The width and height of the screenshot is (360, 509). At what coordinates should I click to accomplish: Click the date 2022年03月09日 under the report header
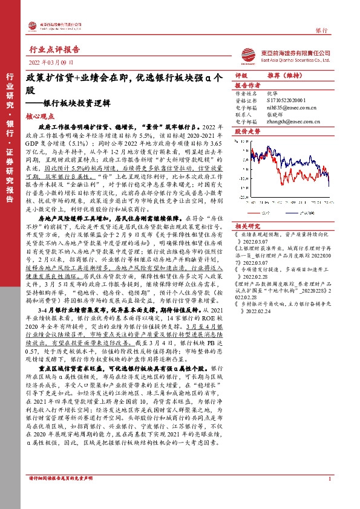pyautogui.click(x=51, y=62)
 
